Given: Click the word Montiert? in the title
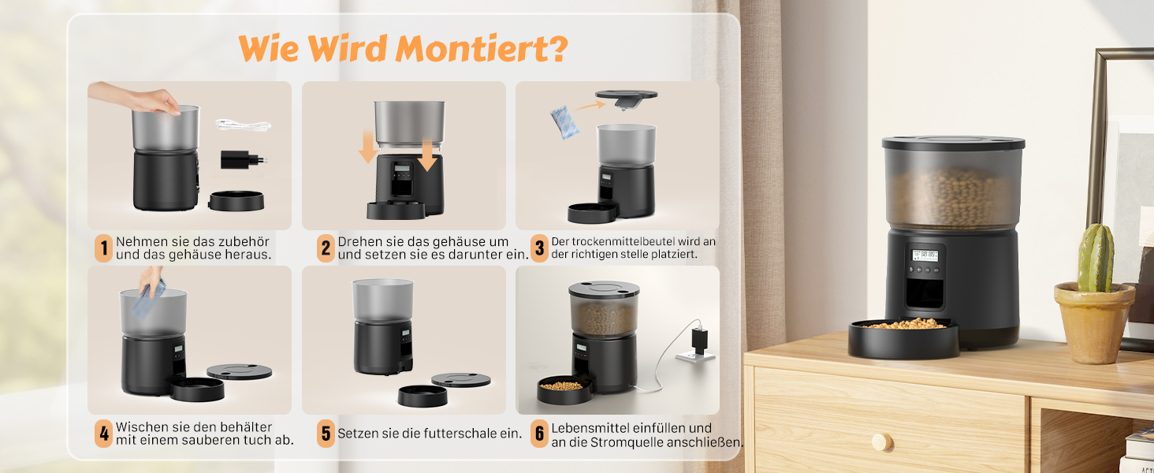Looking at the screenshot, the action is pyautogui.click(x=481, y=49).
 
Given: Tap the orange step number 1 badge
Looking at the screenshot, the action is pyautogui.click(x=103, y=248).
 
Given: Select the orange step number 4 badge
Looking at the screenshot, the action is pyautogui.click(x=103, y=434).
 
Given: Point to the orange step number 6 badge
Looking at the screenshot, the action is pyautogui.click(x=539, y=434).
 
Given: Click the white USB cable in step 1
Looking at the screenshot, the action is pyautogui.click(x=243, y=125).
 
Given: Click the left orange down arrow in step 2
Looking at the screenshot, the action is pyautogui.click(x=368, y=147).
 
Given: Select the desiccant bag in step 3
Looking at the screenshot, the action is pyautogui.click(x=564, y=122).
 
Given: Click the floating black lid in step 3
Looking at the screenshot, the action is pyautogui.click(x=626, y=98).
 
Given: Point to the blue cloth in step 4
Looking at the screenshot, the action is pyautogui.click(x=148, y=299).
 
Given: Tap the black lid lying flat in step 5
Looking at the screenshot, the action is pyautogui.click(x=461, y=380).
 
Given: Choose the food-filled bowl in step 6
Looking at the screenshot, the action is pyautogui.click(x=564, y=389).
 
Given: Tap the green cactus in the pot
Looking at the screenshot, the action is pyautogui.click(x=1096, y=259).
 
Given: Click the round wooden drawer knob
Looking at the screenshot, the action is pyautogui.click(x=881, y=442).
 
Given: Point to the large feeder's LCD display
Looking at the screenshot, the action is pyautogui.click(x=925, y=255).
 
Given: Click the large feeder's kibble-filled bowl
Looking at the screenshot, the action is pyautogui.click(x=903, y=337).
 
